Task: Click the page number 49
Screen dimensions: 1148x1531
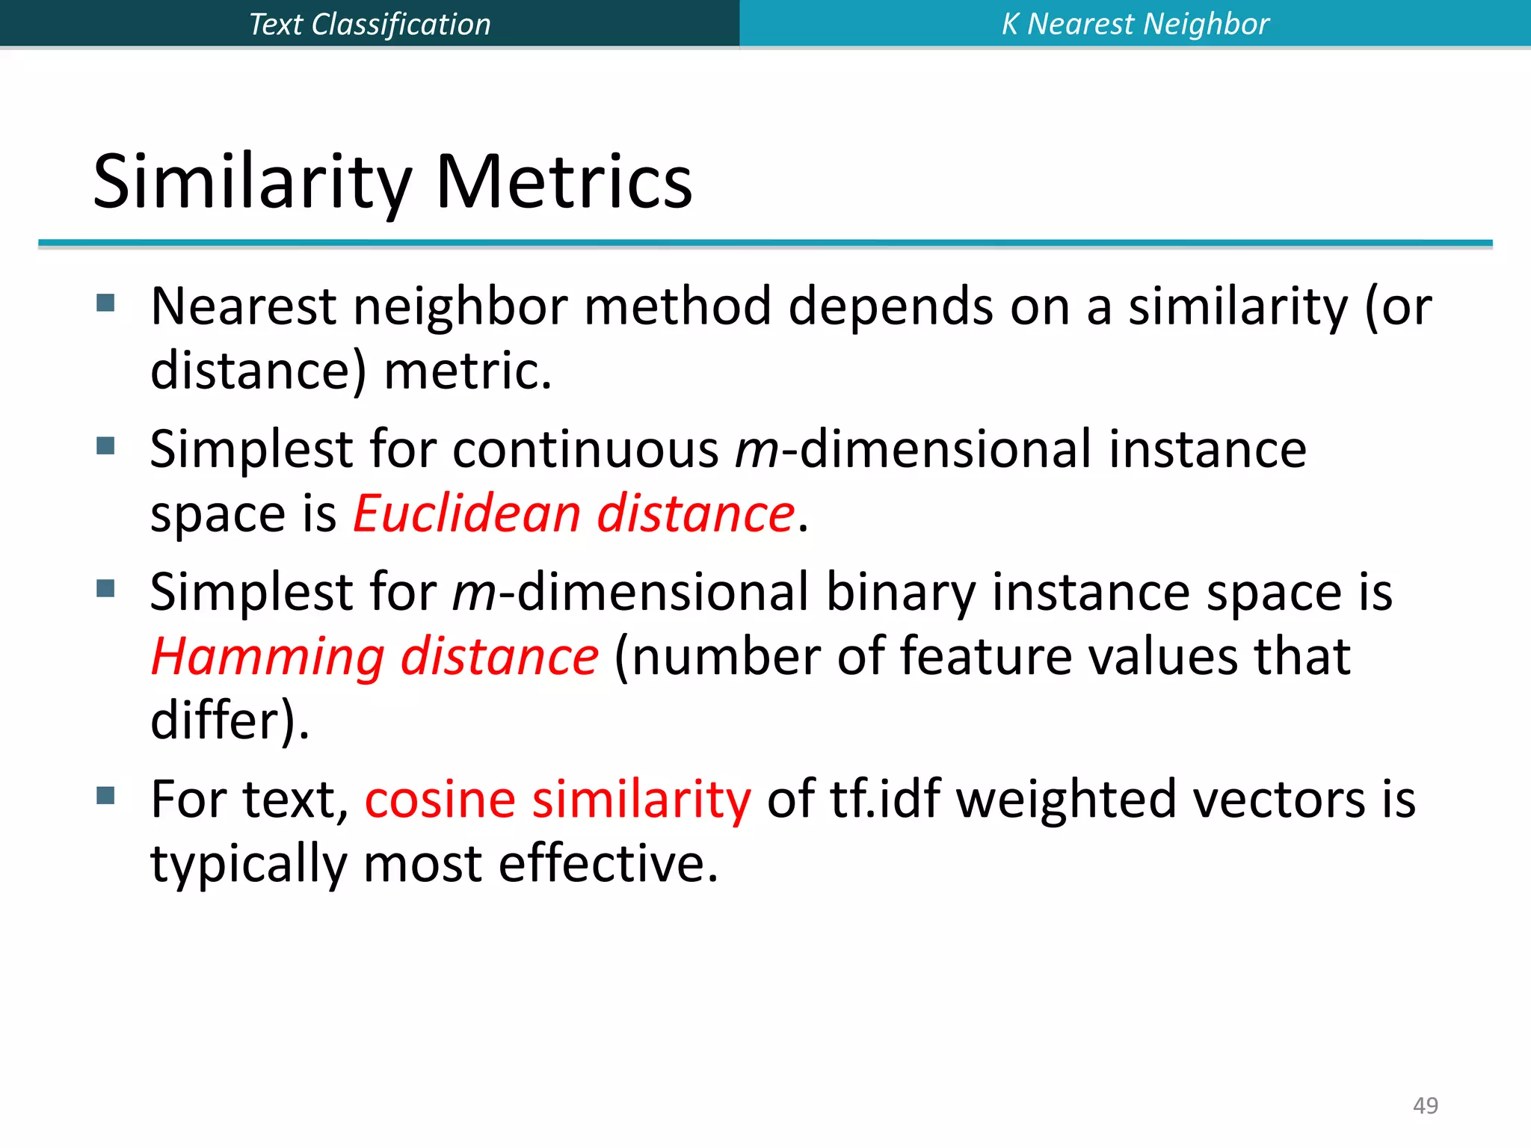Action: pyautogui.click(x=1425, y=1105)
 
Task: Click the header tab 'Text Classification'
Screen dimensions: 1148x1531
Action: pyautogui.click(x=369, y=24)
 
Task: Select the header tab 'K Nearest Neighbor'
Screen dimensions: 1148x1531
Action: pyautogui.click(x=1135, y=24)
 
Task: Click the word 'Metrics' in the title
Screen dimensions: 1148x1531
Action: pyautogui.click(x=564, y=182)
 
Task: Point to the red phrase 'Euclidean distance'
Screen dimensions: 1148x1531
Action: pyautogui.click(x=573, y=514)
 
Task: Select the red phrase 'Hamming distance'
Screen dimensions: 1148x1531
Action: pyautogui.click(x=375, y=656)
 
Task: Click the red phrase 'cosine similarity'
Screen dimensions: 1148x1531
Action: pyautogui.click(x=558, y=799)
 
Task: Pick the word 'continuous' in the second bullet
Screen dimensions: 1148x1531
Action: pyautogui.click(x=585, y=449)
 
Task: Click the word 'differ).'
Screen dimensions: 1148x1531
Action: pyautogui.click(x=230, y=720)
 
